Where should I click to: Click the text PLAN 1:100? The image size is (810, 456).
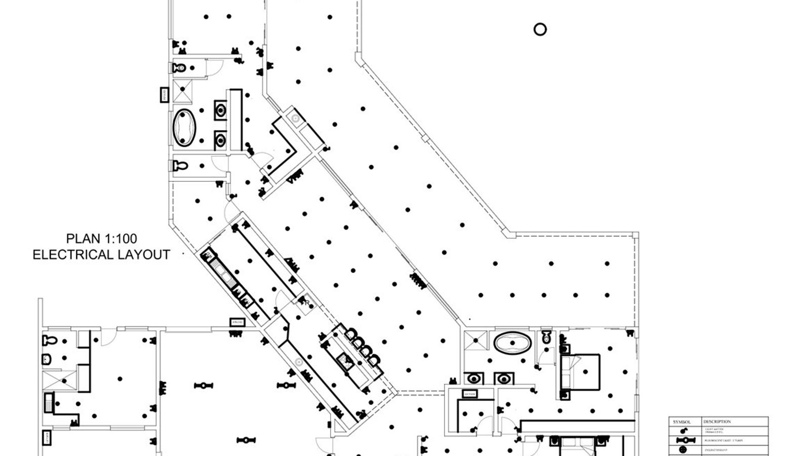pos(101,239)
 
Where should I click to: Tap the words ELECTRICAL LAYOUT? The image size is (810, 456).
pos(101,254)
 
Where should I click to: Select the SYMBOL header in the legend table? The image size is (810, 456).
pos(681,422)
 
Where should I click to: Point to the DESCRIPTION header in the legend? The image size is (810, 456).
pos(717,422)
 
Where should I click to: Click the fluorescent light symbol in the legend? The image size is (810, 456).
pos(682,440)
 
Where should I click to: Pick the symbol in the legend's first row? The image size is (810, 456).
pos(683,430)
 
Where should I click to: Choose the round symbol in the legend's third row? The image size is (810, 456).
pos(683,449)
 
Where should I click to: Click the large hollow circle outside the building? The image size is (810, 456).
pos(540,29)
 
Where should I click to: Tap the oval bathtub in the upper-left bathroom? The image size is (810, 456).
pos(184,128)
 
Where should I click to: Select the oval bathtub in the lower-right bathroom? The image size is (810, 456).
pos(513,343)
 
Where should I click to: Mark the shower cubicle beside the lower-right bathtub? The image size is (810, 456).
pos(475,341)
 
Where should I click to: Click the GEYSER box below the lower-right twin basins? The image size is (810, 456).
pos(469,394)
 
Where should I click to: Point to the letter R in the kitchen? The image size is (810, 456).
pos(307,302)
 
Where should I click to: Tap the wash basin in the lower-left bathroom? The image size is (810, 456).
pos(47,359)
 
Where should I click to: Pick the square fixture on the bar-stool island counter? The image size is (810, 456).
pos(347,361)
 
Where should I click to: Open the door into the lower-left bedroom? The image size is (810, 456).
pos(108,337)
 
